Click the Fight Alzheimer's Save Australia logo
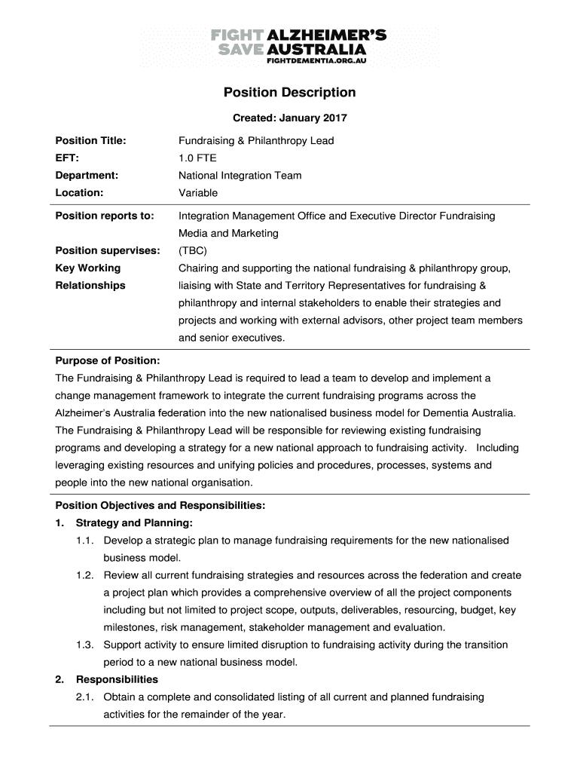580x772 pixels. pos(289,45)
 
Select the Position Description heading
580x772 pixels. pos(289,93)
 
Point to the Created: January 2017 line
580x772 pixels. pos(289,118)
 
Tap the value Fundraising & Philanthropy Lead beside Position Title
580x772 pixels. pos(256,141)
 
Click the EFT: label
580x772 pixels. pos(67,158)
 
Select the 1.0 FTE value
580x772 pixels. pos(197,158)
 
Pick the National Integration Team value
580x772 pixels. pos(240,176)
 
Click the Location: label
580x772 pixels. pos(79,193)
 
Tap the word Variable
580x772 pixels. pos(198,193)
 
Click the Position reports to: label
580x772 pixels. pos(104,216)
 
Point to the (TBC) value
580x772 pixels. pos(193,251)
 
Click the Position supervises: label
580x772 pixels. pos(107,251)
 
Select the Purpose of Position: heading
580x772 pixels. pos(107,361)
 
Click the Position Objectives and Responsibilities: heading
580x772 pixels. pos(160,505)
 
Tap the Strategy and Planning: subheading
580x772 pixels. pos(134,522)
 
